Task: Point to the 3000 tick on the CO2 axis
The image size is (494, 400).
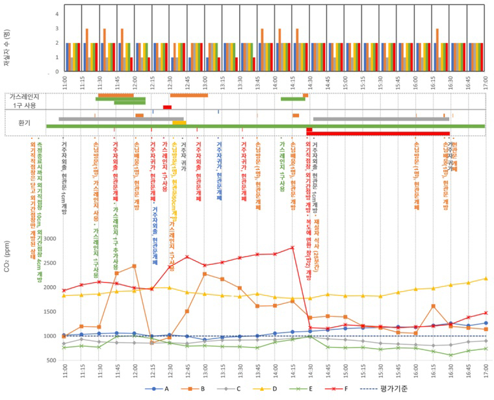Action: click(x=49, y=239)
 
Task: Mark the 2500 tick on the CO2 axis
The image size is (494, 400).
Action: click(x=49, y=263)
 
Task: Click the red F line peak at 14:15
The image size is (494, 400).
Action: click(x=292, y=247)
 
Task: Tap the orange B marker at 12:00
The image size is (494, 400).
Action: click(x=134, y=266)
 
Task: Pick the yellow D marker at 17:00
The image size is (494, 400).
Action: click(x=486, y=279)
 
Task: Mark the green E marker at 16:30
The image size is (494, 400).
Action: click(x=450, y=355)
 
